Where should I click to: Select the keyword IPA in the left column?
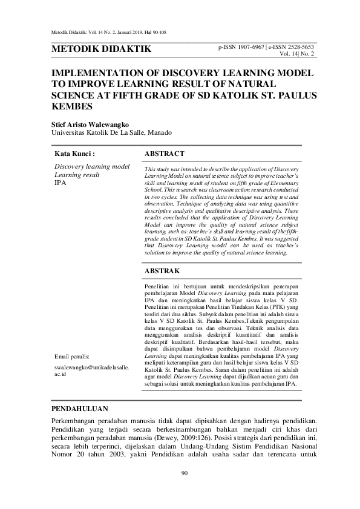coord(60,182)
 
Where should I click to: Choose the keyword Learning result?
coord(77,174)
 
